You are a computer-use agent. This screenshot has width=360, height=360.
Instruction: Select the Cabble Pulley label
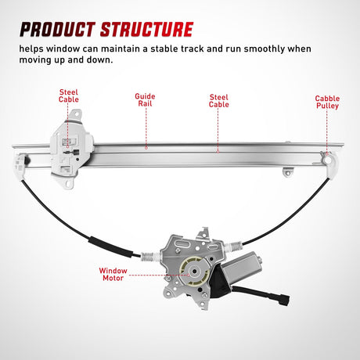327,103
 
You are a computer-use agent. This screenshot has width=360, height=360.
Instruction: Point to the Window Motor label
113,275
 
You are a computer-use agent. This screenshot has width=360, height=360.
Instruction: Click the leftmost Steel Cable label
69,97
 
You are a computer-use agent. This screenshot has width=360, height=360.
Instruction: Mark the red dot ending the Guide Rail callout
146,146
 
